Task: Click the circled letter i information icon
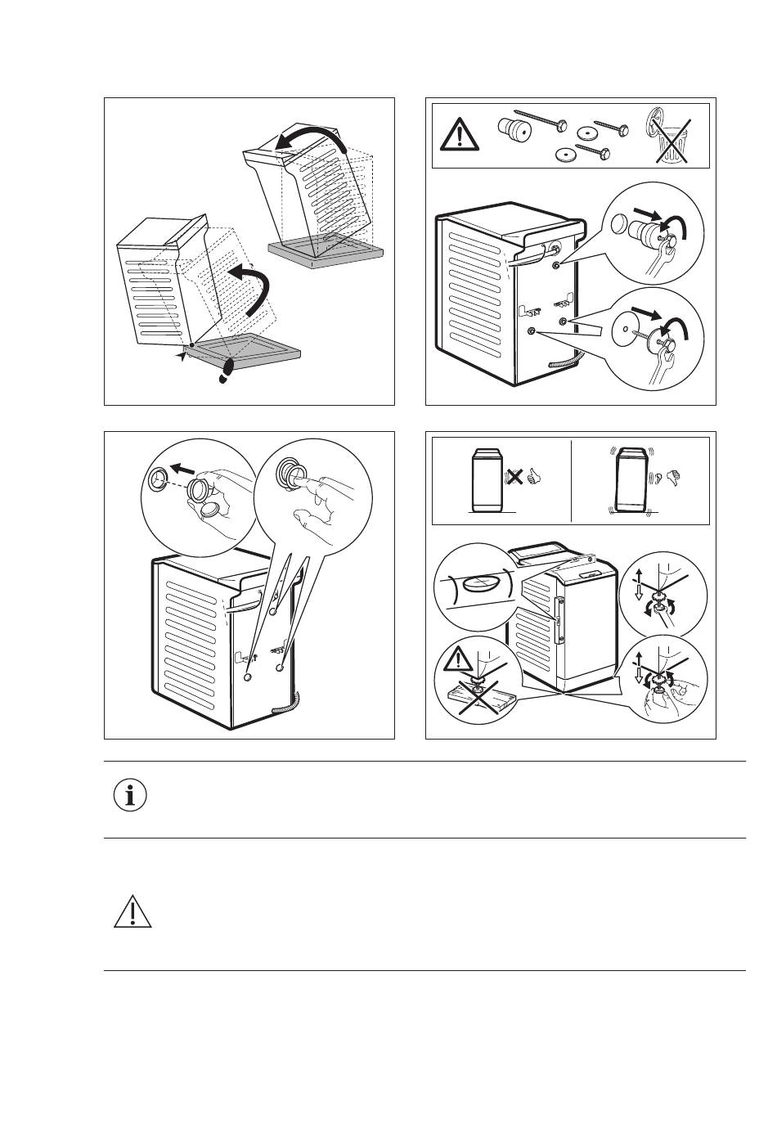[130, 796]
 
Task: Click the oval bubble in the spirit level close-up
[482, 584]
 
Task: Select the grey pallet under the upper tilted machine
[326, 253]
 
